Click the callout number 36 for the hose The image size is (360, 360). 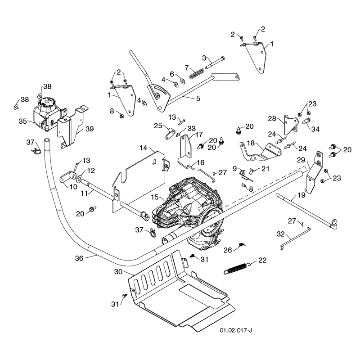[x=79, y=258]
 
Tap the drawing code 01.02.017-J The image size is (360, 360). [x=236, y=330]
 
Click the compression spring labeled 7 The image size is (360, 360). [x=197, y=73]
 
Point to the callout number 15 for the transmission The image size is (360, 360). [x=155, y=197]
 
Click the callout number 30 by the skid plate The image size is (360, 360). [x=118, y=272]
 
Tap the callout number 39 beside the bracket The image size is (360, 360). [x=90, y=129]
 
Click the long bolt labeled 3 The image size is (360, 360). [x=215, y=63]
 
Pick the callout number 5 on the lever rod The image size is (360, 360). [x=198, y=98]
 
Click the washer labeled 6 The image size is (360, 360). [x=183, y=81]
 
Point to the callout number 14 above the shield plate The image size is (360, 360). [x=143, y=148]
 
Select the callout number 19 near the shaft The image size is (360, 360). [x=301, y=195]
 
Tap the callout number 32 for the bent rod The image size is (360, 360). [x=281, y=234]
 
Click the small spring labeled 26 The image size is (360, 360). [x=242, y=244]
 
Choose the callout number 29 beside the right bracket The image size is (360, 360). [x=301, y=160]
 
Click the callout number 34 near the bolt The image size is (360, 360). [x=315, y=129]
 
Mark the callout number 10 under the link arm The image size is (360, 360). [x=73, y=187]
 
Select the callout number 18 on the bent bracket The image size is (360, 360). [x=251, y=143]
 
